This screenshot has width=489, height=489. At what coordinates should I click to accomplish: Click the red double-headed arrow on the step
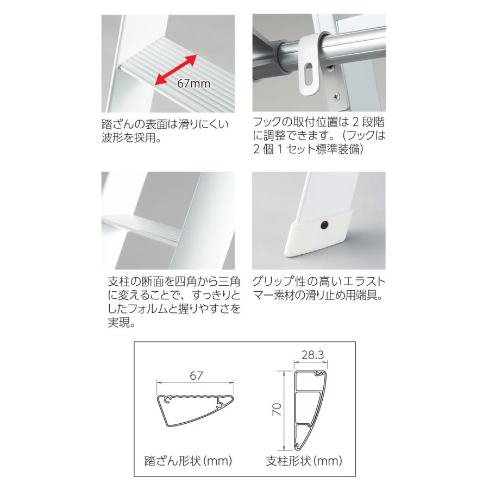tap(175, 70)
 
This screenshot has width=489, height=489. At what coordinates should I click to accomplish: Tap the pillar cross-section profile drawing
tap(311, 411)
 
